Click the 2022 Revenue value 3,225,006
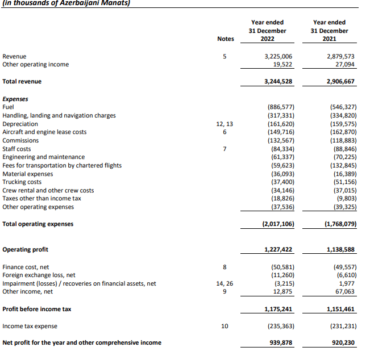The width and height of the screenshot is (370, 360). [278, 56]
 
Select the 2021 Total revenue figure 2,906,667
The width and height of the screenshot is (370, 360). [340, 81]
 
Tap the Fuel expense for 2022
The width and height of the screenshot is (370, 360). [280, 107]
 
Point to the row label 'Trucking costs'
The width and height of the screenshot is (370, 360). [22, 182]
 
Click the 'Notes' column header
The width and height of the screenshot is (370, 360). [225, 39]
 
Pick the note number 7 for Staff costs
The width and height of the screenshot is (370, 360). [225, 149]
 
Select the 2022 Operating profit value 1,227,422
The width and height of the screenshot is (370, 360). [278, 249]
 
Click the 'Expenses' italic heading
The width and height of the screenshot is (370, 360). [15, 99]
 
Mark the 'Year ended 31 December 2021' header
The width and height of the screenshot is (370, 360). [329, 31]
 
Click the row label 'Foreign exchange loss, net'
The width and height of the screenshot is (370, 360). [39, 275]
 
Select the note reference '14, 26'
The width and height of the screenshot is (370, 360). [225, 283]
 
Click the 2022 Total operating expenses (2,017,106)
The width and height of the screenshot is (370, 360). [278, 224]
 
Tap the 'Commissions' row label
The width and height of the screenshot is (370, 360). [20, 140]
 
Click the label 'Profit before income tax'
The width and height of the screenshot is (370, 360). [37, 309]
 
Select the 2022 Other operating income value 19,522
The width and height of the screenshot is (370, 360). [282, 64]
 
